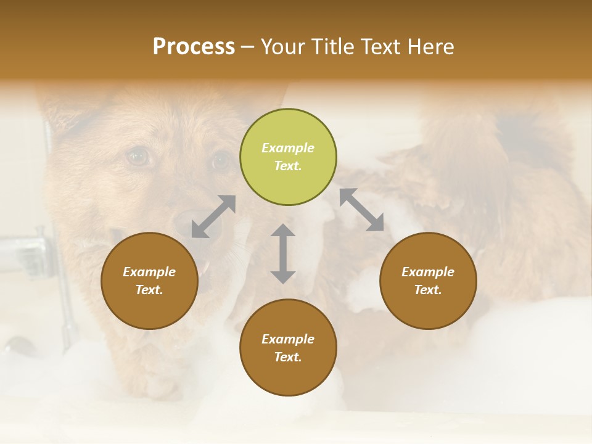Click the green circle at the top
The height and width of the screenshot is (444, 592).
coord(288,157)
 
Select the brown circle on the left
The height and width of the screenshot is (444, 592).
coord(149,281)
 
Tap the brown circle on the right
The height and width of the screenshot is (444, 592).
coord(427,281)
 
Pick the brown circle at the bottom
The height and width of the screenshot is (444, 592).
coord(288,347)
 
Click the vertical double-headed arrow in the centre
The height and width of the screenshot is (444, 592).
coord(283,253)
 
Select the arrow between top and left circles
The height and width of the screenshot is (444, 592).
coord(213,216)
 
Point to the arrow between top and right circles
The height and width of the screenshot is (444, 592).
coord(361,210)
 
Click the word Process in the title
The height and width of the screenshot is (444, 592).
coord(194,46)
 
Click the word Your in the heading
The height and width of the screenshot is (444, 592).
coord(282,46)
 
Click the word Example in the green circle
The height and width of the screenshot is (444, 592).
coord(288,148)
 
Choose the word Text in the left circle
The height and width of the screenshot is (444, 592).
coord(149,290)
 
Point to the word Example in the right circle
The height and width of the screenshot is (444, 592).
coord(427,272)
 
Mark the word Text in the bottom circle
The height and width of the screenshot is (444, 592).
coord(288,357)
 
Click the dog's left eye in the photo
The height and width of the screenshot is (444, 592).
coord(138,157)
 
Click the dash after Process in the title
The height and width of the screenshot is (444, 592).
coord(248,47)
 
